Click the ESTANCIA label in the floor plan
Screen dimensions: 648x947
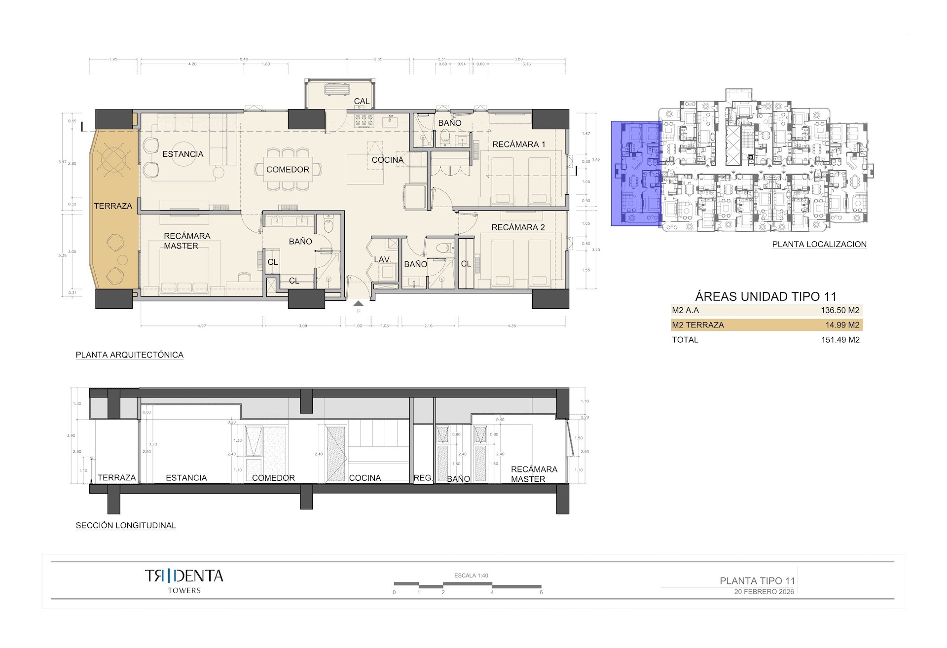click(x=182, y=154)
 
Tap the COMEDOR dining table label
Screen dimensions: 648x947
click(x=288, y=170)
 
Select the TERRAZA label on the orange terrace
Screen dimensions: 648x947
click(x=113, y=206)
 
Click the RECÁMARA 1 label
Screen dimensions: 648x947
click(x=518, y=144)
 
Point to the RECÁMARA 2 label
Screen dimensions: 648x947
click(x=518, y=227)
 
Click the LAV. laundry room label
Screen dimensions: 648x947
click(x=383, y=259)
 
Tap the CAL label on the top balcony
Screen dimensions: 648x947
click(x=362, y=101)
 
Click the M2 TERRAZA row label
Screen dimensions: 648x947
click(x=697, y=325)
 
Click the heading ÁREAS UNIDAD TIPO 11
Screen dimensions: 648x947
click(x=765, y=296)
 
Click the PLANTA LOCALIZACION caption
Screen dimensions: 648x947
click(x=819, y=244)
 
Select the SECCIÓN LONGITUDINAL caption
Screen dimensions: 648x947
click(x=126, y=526)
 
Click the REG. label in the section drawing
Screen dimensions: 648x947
click(x=423, y=478)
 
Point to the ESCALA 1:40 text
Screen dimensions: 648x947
click(x=471, y=576)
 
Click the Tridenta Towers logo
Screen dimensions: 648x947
click(x=184, y=580)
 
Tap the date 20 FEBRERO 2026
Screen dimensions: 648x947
click(x=764, y=592)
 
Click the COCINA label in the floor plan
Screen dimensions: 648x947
click(x=388, y=160)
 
